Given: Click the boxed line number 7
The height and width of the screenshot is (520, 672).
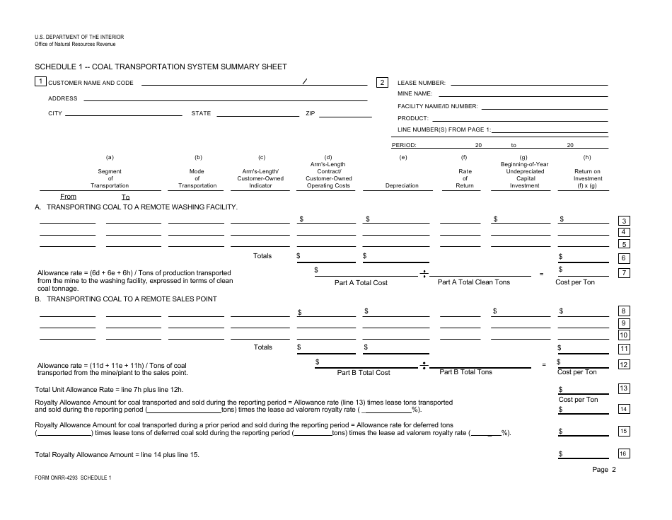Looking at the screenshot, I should point(624,272).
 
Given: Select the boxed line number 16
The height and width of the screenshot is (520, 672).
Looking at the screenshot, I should point(623,453).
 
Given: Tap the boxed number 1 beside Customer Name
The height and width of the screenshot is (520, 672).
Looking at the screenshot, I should point(41,81).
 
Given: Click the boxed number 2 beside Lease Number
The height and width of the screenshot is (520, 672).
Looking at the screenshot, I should point(382,82).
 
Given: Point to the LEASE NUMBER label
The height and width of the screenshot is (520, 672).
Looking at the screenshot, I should point(421,83).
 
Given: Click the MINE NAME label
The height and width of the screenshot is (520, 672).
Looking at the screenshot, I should point(415,93).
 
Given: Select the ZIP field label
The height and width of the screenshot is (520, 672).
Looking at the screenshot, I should point(310,113).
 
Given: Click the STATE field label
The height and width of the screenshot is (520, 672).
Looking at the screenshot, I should point(201,113).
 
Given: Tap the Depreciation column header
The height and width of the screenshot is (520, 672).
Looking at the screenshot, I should point(402,185).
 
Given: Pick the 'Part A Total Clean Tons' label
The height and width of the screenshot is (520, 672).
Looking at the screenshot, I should point(473,282).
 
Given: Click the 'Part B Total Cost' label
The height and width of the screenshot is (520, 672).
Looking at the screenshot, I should point(363,372).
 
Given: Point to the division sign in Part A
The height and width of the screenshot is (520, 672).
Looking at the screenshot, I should point(424,275).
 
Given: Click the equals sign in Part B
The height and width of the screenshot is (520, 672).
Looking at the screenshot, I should point(544,364).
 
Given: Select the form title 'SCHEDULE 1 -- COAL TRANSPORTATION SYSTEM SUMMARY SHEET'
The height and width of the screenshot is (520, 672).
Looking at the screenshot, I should point(161,67).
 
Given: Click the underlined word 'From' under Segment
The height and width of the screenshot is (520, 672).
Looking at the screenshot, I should point(68,197).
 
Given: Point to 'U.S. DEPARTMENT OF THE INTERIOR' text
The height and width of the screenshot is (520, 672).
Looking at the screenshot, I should point(79,37).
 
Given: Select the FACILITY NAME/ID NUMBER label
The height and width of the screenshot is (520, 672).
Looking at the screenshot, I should point(437,106).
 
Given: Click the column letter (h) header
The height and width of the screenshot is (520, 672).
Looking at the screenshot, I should point(587,157).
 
